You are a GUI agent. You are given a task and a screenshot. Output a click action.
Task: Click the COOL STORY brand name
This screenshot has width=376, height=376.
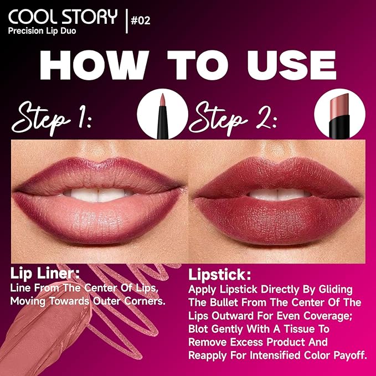(x=62, y=17)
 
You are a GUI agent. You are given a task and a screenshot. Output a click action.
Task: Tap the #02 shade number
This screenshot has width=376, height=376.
(x=140, y=22)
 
